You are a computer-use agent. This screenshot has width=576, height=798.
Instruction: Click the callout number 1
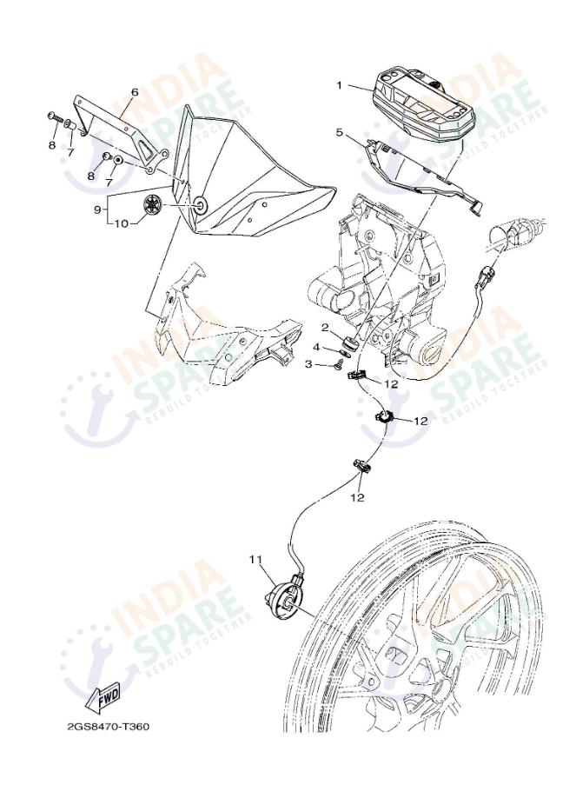click(x=340, y=85)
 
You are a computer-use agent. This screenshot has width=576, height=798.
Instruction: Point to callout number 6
click(x=135, y=93)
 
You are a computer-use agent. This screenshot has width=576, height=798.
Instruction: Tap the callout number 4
click(x=316, y=347)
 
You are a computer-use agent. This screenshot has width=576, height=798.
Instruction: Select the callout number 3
click(x=308, y=364)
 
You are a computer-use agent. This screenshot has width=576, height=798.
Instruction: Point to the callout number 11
click(x=255, y=559)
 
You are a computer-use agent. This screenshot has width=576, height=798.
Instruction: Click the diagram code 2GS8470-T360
click(x=109, y=726)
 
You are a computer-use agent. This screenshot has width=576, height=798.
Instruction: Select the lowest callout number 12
click(x=358, y=497)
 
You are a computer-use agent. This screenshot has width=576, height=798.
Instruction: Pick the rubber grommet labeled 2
click(x=351, y=342)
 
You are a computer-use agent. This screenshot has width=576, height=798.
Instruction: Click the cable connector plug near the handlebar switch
click(x=483, y=276)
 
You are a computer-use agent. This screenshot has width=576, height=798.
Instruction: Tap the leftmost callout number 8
click(x=52, y=145)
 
